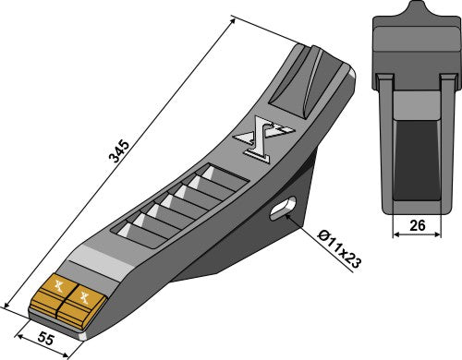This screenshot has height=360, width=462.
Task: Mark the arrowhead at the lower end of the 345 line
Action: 8,306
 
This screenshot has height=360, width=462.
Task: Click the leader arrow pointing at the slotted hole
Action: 293,217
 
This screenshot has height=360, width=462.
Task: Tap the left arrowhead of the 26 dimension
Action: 395,232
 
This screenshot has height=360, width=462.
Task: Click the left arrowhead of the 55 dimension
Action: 18,324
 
